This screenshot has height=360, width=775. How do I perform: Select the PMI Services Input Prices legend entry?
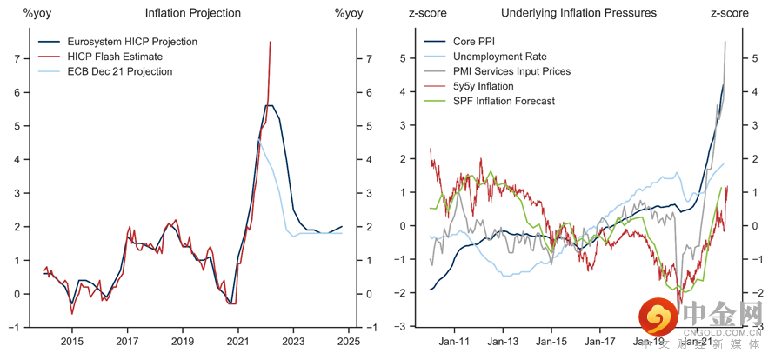point(512,71)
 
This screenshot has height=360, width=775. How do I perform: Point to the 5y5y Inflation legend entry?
point(484,86)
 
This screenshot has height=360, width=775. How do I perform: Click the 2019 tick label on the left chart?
point(183,342)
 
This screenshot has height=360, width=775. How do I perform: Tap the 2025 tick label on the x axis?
point(349,342)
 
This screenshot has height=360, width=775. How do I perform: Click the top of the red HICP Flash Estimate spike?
point(271,42)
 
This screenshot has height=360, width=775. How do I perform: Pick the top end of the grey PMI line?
point(725,42)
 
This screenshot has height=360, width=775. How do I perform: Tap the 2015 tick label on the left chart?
point(71,342)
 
